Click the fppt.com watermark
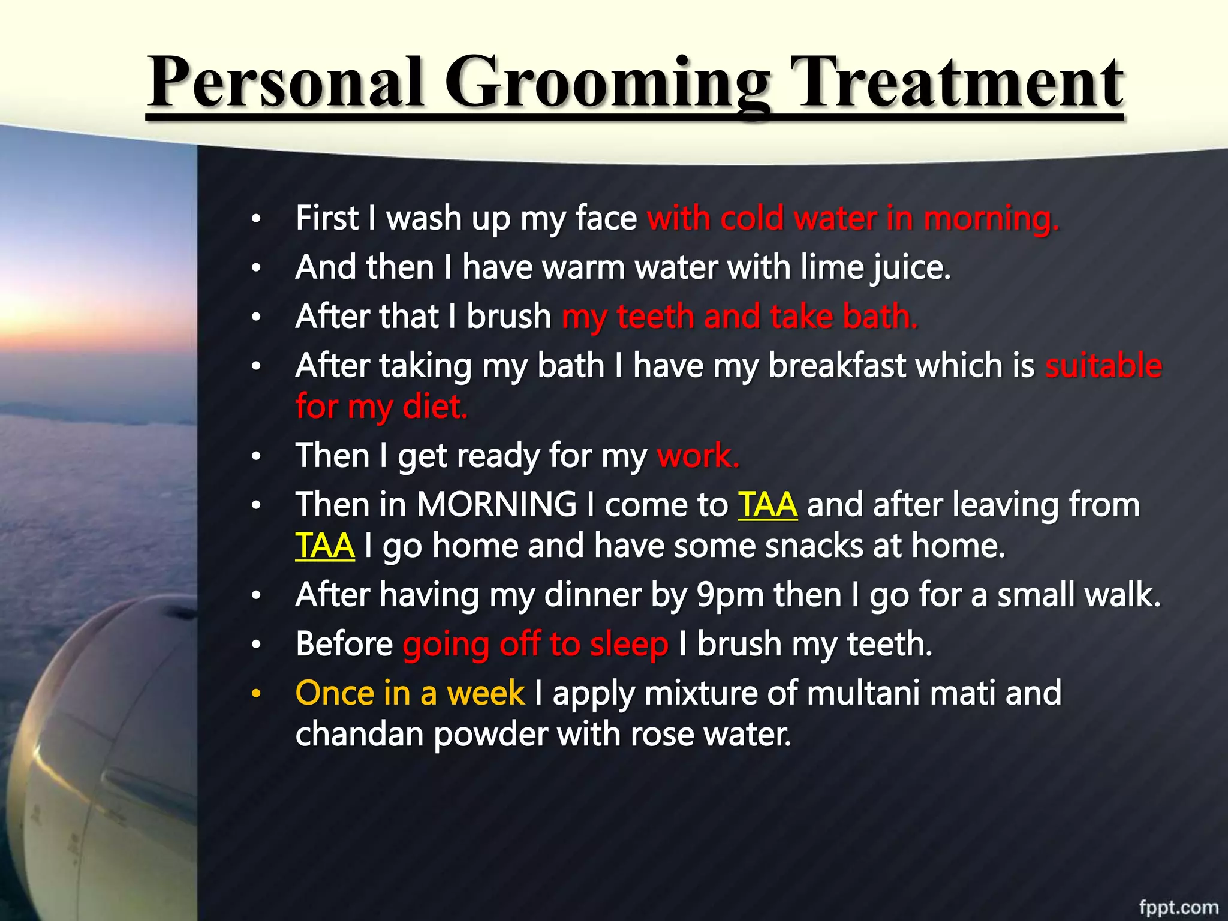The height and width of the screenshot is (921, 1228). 1178,907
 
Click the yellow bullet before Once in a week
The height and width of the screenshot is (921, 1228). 256,694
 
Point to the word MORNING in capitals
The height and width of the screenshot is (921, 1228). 496,505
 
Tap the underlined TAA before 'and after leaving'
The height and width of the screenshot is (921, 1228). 767,505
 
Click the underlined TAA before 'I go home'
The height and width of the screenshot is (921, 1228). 325,546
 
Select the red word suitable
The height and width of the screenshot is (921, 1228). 1103,366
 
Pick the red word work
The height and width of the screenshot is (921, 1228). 697,456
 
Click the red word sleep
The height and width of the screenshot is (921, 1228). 628,645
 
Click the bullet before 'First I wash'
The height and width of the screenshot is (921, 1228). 256,219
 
